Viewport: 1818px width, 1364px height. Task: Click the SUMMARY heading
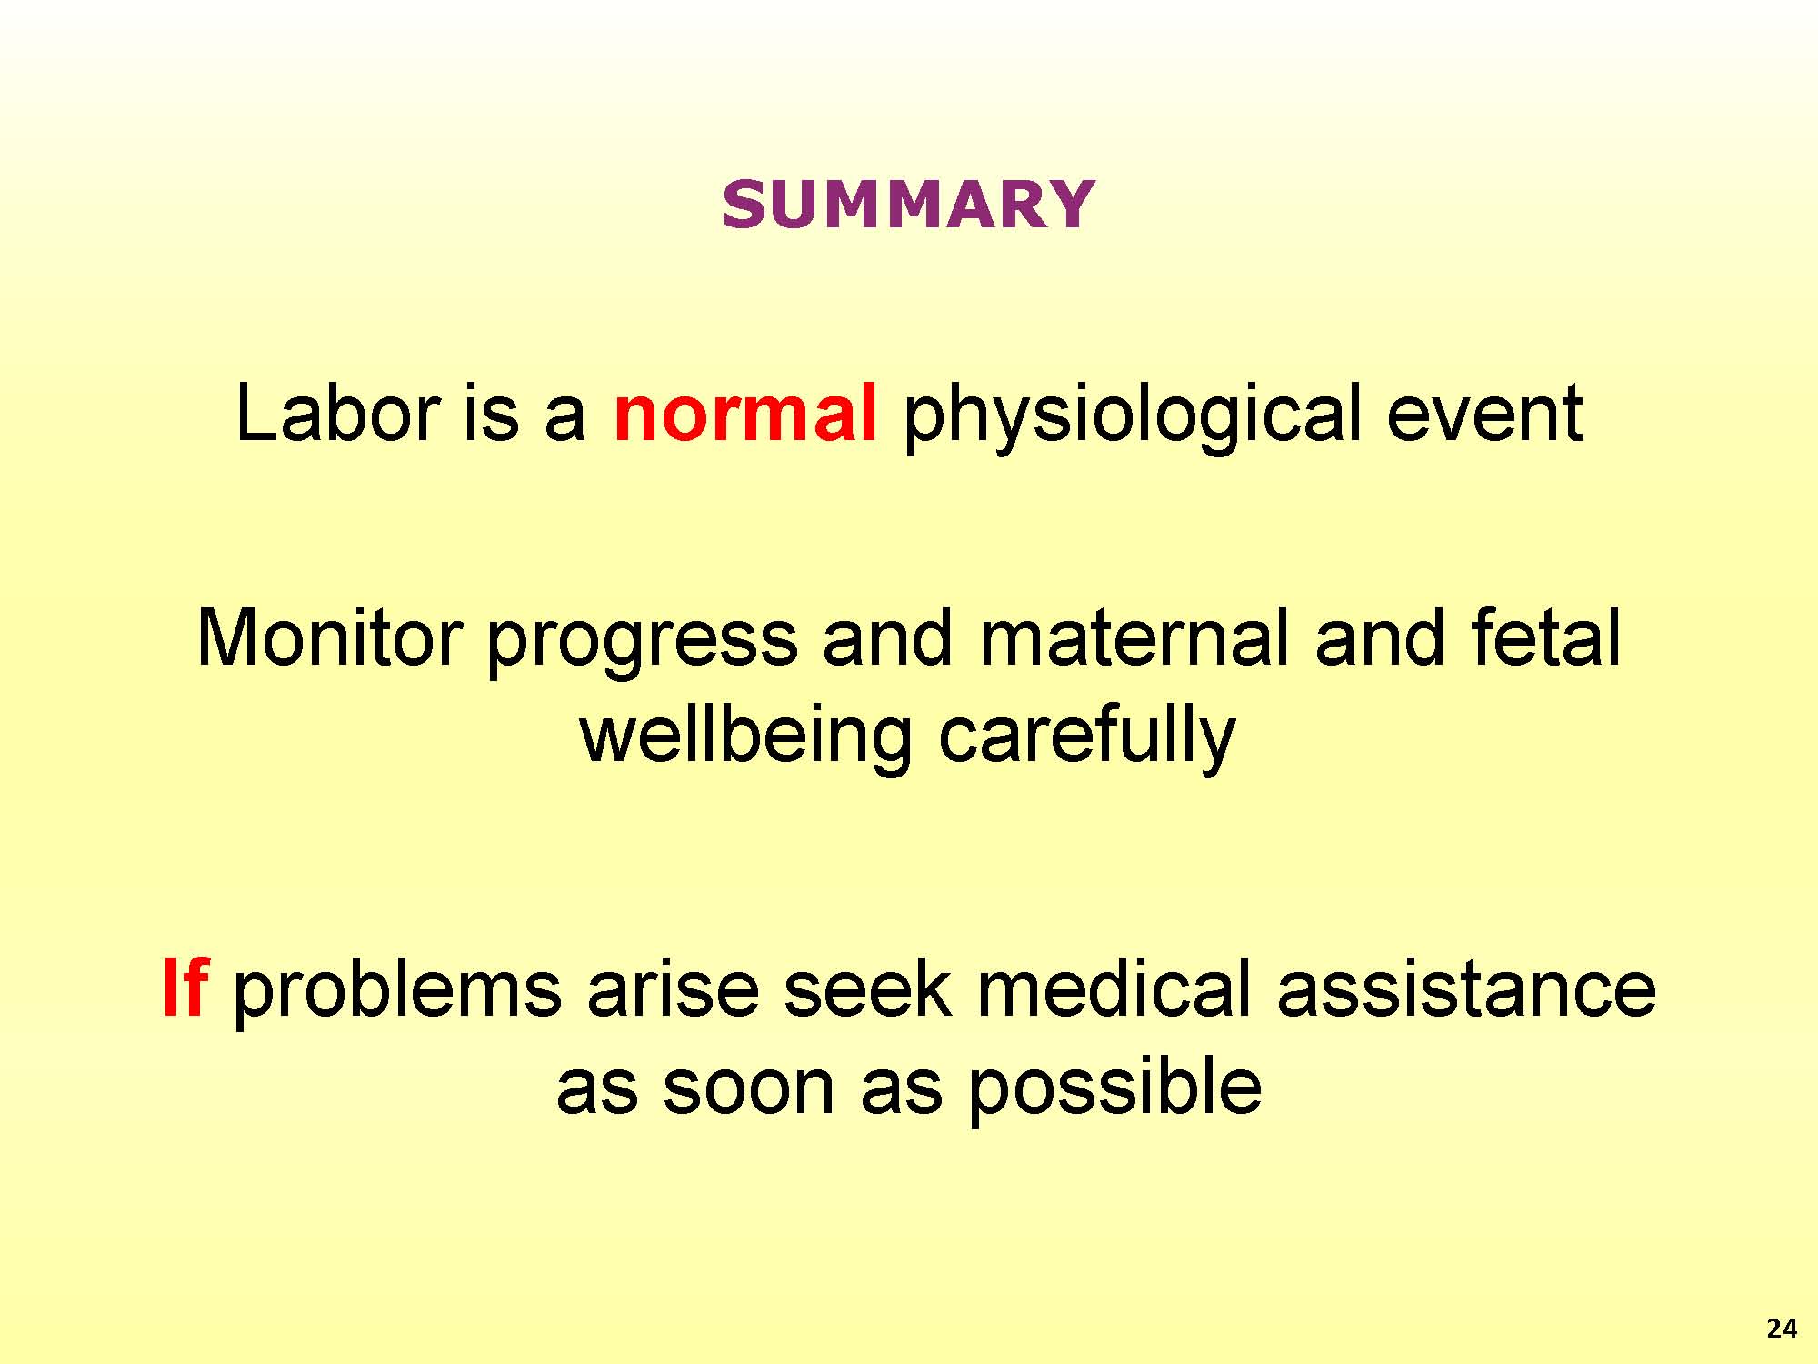pyautogui.click(x=908, y=204)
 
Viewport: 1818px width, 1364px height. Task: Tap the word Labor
pyautogui.click(x=338, y=414)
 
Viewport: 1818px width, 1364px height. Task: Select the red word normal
pyautogui.click(x=745, y=414)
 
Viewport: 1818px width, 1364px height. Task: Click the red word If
pyautogui.click(x=185, y=988)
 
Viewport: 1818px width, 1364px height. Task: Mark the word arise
pyautogui.click(x=672, y=991)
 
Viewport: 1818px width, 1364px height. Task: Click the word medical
pyautogui.click(x=1114, y=988)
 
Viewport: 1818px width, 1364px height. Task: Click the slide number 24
pyautogui.click(x=1782, y=1329)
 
